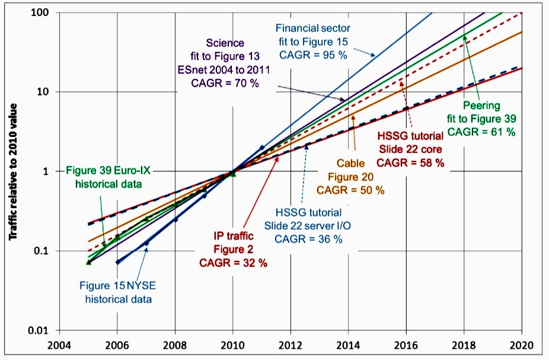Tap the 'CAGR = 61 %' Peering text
[x=482, y=132]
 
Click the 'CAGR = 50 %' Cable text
[x=351, y=190]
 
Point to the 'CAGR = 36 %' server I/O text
[x=309, y=239]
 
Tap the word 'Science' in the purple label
[x=225, y=43]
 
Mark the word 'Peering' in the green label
[x=481, y=106]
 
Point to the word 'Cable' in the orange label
[x=350, y=162]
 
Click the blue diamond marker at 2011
[x=262, y=148]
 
